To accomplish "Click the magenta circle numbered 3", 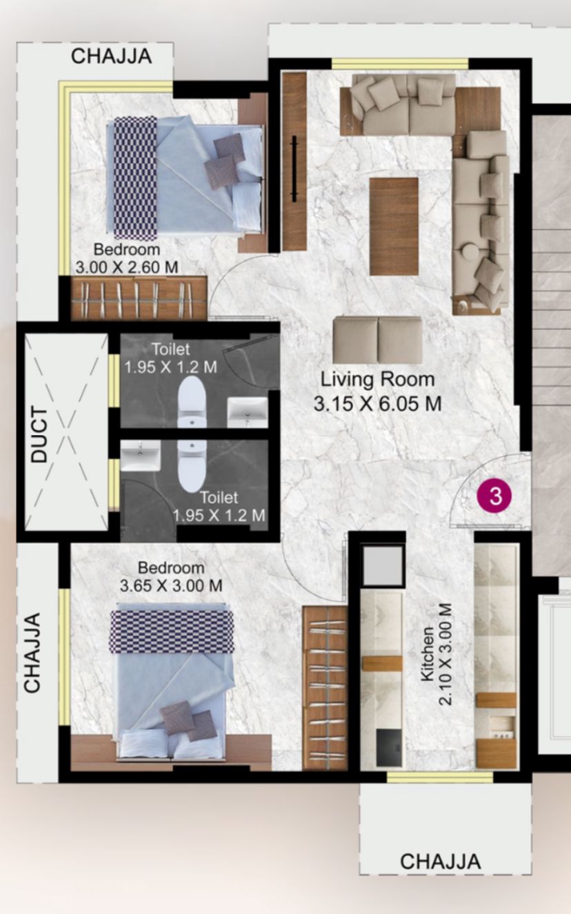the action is pos(494,496).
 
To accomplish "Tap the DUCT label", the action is pos(39,434).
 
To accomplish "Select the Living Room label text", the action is pos(377,380).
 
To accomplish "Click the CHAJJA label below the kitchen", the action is pos(441,862).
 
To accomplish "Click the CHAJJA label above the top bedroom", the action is pos(112,57).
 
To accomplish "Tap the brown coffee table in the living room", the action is pos(394,227).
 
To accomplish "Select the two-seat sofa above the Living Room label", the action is pos(377,340).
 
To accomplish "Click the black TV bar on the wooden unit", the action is pos(294,168).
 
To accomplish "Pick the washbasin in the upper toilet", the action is pos(248,412).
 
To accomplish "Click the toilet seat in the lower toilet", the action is pos(192,466).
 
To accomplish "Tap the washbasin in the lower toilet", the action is pos(141,456).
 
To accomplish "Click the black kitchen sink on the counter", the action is pos(388,747).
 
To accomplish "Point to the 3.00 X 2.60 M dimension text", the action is pos(127,267).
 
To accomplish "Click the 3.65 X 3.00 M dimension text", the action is pos(171,586).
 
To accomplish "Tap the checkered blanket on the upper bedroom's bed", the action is pos(135,178).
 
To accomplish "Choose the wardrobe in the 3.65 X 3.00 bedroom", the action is pos(325,689).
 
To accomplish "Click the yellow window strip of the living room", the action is pos(400,63).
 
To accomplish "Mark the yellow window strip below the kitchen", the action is pos(440,778).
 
